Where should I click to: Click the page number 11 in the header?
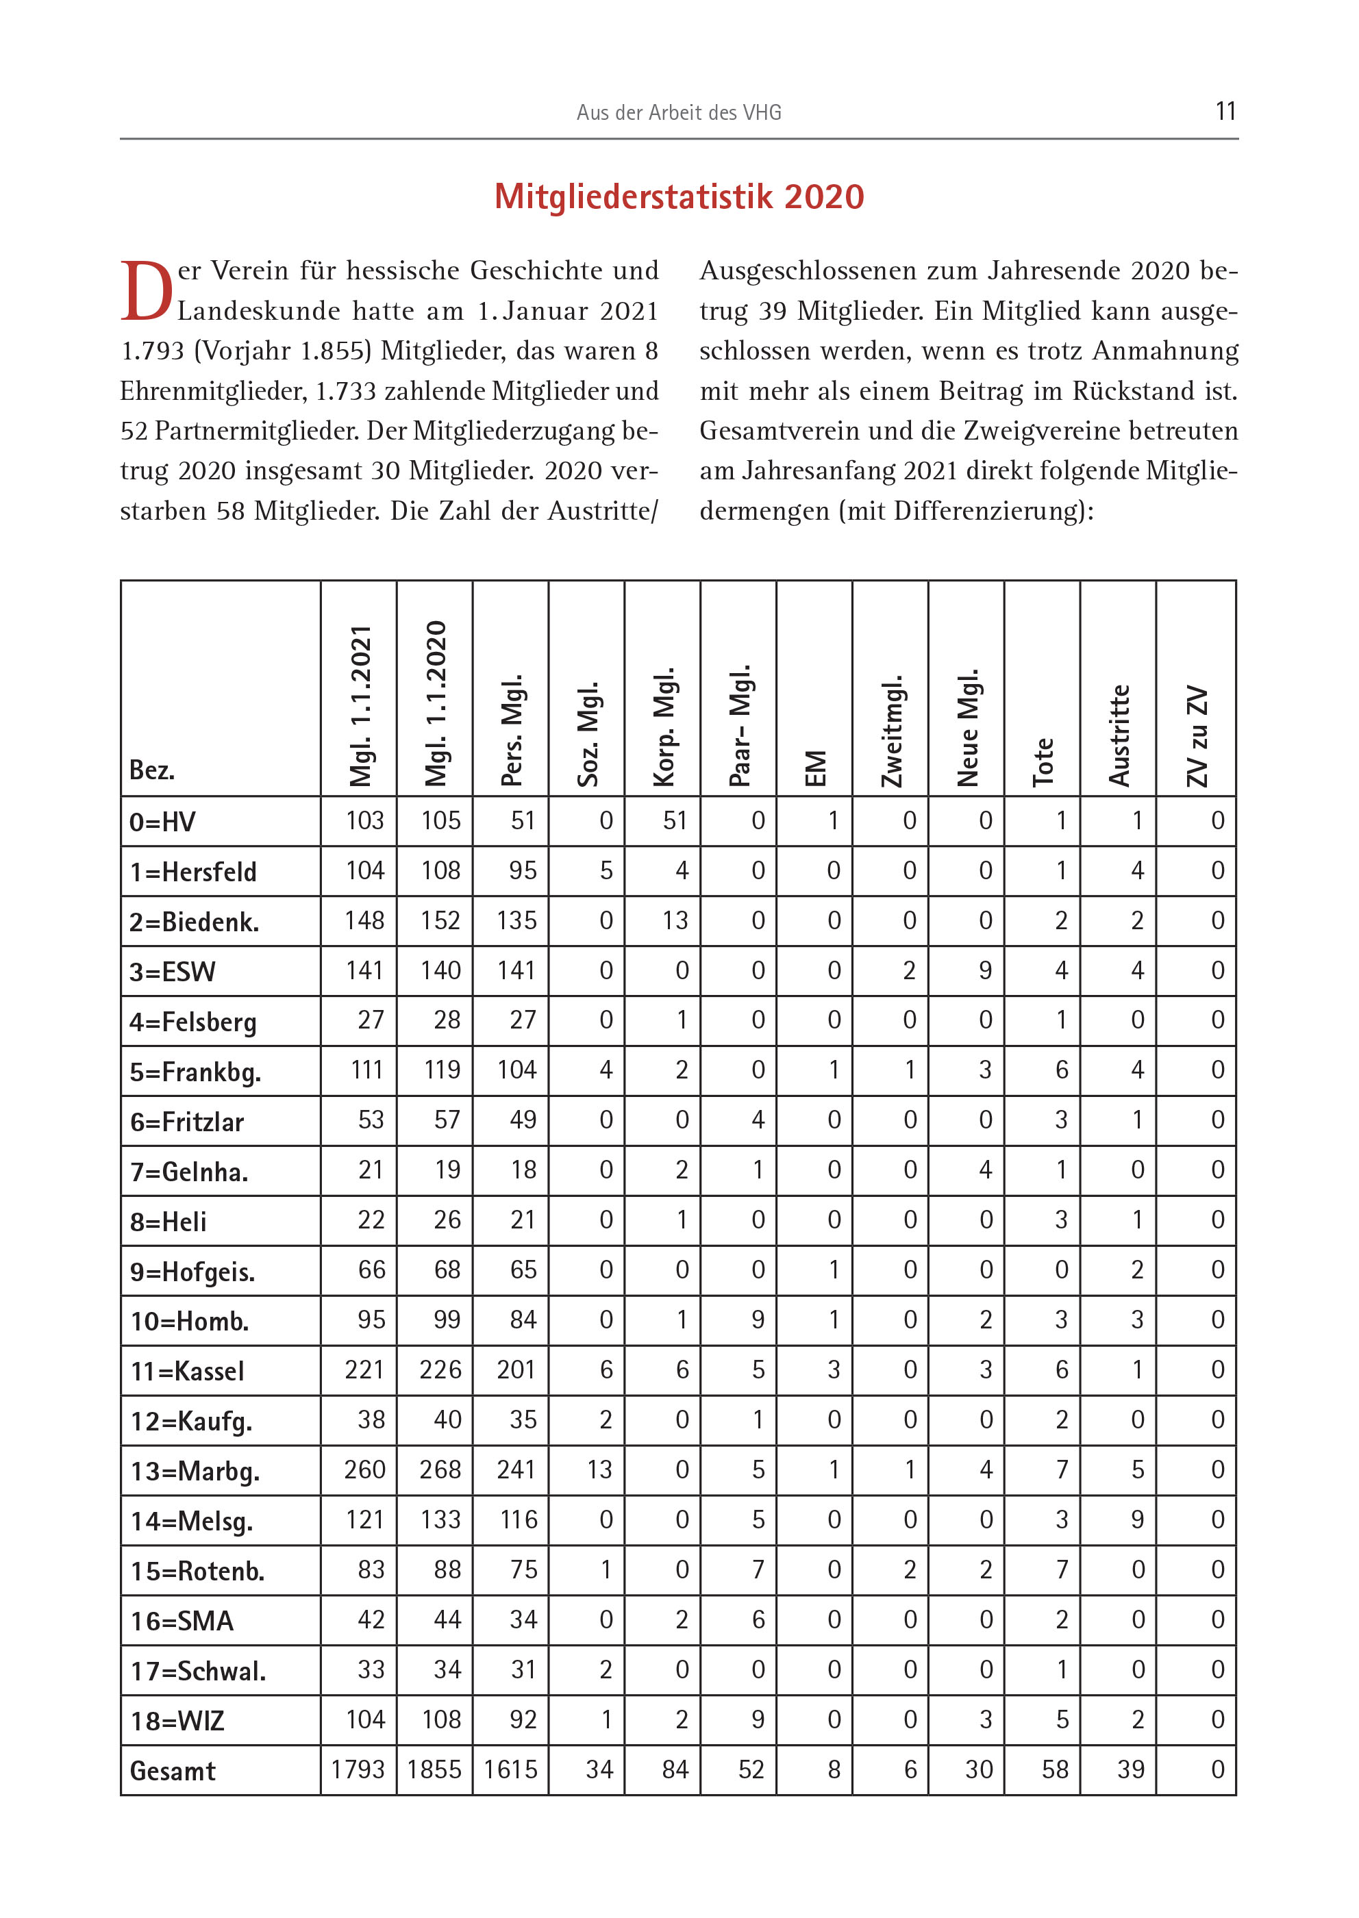(x=1225, y=111)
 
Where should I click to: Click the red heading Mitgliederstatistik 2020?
(x=679, y=197)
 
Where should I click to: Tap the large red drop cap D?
(x=147, y=291)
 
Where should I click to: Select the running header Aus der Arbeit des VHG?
(x=679, y=112)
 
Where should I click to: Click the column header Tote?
(x=1043, y=761)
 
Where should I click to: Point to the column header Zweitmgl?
(x=891, y=730)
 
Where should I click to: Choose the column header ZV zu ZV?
(x=1197, y=736)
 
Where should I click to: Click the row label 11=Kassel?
(x=188, y=1371)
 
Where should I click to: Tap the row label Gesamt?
(x=173, y=1771)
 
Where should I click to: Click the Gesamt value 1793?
(x=358, y=1770)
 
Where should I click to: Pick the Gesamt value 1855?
(x=434, y=1770)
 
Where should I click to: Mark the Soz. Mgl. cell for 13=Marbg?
(x=599, y=1469)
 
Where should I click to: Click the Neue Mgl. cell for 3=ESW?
(x=985, y=970)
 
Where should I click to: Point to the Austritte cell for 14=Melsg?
(x=1136, y=1520)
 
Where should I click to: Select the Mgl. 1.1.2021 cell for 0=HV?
(x=365, y=820)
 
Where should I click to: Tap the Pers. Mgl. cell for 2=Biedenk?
(x=516, y=921)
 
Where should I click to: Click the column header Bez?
(x=152, y=770)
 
